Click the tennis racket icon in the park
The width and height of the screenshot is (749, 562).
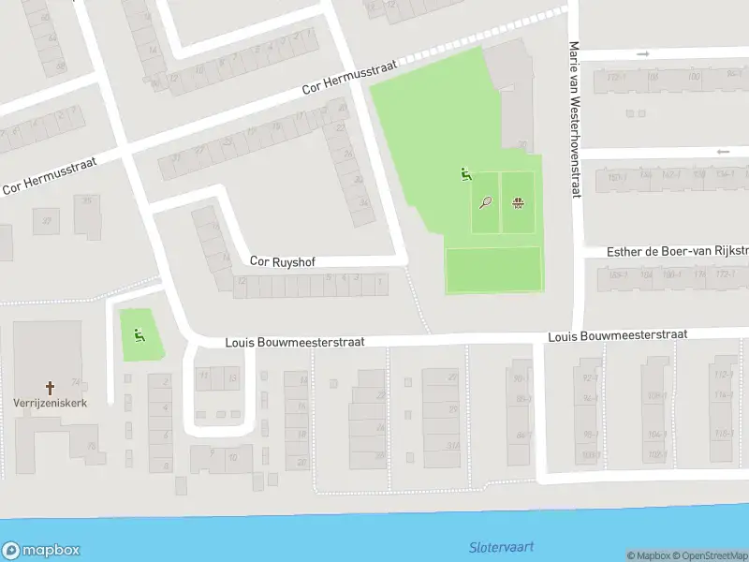click(485, 201)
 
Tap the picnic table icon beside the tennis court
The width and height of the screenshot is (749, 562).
click(517, 201)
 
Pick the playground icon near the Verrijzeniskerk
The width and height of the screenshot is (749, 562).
click(140, 335)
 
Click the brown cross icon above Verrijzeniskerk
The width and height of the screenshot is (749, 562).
click(51, 386)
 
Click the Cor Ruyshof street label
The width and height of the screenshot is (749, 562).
click(283, 263)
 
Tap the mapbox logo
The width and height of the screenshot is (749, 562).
click(41, 550)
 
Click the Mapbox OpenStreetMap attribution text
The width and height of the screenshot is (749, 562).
click(686, 555)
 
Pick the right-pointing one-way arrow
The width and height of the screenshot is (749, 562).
click(643, 54)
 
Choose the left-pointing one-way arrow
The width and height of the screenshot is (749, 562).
click(722, 152)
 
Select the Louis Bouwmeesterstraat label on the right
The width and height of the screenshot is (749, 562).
click(617, 334)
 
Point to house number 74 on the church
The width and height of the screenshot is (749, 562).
click(75, 382)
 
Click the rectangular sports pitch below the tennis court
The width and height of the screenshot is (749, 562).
click(493, 270)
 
